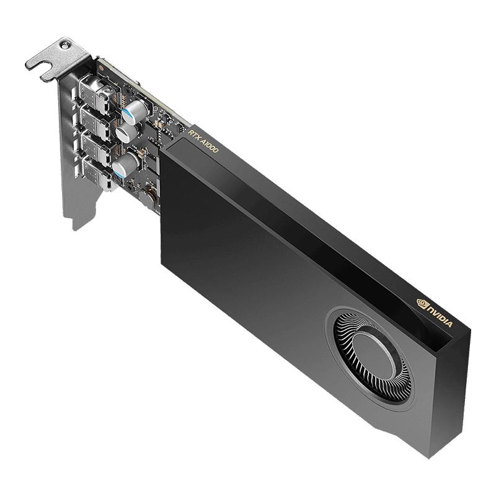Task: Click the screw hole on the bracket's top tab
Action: [65, 45]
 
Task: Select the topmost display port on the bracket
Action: [99, 93]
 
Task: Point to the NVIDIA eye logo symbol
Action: [422, 303]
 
